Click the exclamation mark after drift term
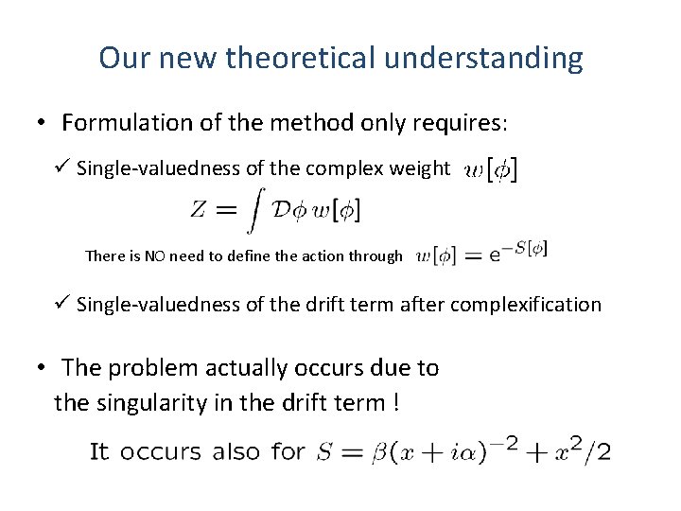click(x=393, y=402)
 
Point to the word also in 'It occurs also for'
click(x=236, y=451)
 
